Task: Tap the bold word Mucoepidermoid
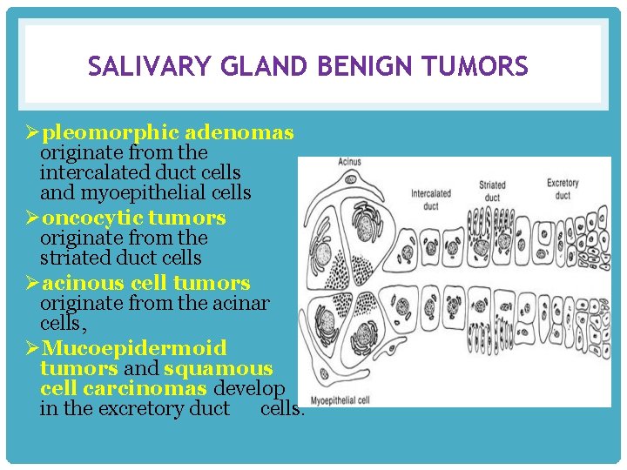[x=133, y=348]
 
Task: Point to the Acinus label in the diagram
[x=349, y=163]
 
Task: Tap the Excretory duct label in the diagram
[x=563, y=189]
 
